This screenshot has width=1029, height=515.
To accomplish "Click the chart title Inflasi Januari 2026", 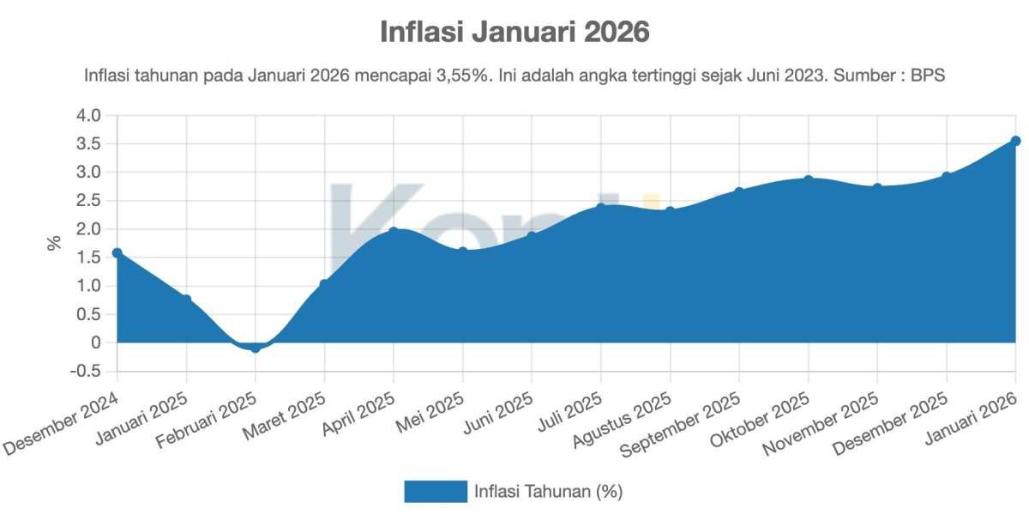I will pyautogui.click(x=514, y=33).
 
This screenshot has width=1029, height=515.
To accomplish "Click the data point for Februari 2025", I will pyautogui.click(x=256, y=348).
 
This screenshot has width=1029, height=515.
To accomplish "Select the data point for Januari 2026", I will pyautogui.click(x=1015, y=141).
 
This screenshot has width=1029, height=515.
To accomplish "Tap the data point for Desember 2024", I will pyautogui.click(x=117, y=253).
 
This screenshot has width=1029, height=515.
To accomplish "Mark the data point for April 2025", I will pyautogui.click(x=394, y=232).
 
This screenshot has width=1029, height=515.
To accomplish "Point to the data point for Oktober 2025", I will pyautogui.click(x=808, y=180).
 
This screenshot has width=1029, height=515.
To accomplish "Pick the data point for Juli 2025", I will pyautogui.click(x=601, y=208).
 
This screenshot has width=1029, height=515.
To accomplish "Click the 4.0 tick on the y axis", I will pyautogui.click(x=89, y=116).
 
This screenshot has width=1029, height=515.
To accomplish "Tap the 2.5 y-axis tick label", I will pyautogui.click(x=89, y=201).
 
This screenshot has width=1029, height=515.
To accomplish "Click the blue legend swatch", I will pyautogui.click(x=436, y=491).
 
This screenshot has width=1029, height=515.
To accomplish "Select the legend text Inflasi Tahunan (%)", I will pyautogui.click(x=548, y=491).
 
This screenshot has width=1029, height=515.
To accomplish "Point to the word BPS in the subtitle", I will pyautogui.click(x=927, y=76).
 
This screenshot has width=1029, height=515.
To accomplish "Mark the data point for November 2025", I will pyautogui.click(x=877, y=188).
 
